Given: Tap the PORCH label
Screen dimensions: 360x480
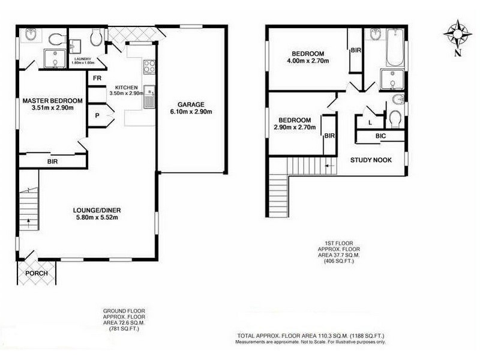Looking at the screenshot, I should coord(35,274).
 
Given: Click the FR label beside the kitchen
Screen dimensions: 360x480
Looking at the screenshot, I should coord(97,78).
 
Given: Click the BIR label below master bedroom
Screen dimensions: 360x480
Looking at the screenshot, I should coord(52,161).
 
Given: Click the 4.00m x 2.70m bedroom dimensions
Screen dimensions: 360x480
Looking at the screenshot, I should coord(310,61).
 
